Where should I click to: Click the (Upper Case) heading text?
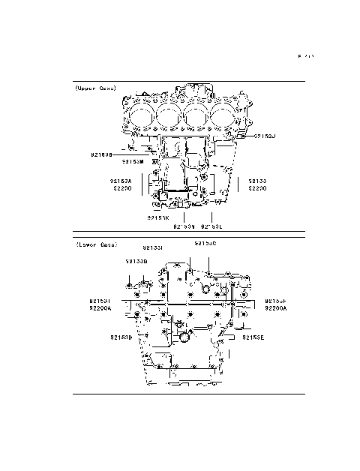[95, 88]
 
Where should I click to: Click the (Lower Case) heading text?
[95, 244]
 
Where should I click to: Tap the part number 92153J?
[265, 136]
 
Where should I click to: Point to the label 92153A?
[120, 181]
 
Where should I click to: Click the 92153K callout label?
[158, 217]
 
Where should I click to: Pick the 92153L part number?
[212, 225]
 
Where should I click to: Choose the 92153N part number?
[184, 225]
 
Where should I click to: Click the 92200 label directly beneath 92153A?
[121, 188]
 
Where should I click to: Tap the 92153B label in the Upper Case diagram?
[101, 154]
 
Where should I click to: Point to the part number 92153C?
[206, 244]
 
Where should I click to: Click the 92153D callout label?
[121, 337]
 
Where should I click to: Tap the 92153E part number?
[253, 337]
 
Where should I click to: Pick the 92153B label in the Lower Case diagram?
[136, 261]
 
